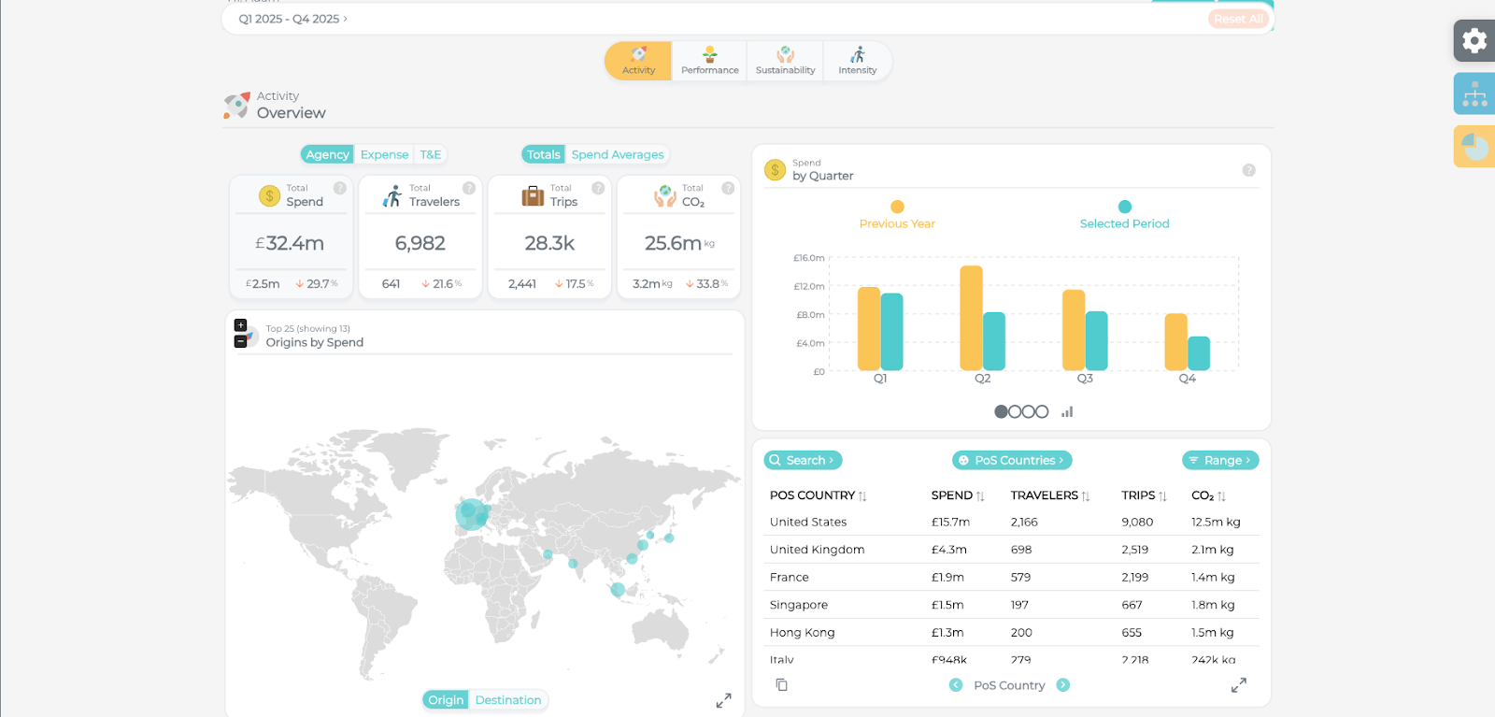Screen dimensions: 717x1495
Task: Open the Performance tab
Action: tap(709, 61)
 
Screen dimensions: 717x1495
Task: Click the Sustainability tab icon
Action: tap(785, 54)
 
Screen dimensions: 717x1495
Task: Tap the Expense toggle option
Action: tap(384, 155)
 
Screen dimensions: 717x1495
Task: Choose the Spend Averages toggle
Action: tap(617, 155)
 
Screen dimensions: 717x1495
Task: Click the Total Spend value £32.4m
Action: tap(290, 244)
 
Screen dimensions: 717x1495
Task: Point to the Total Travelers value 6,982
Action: tap(420, 244)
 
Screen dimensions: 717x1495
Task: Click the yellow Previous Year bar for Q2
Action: tap(971, 318)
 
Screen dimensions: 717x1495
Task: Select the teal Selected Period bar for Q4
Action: tap(1199, 353)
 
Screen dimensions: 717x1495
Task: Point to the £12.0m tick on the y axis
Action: tap(809, 287)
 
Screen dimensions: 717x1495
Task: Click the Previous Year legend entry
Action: tap(897, 216)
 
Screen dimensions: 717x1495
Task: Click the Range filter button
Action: tap(1220, 461)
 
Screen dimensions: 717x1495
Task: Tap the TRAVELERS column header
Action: tap(1045, 495)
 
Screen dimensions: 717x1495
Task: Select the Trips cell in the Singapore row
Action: tap(1132, 605)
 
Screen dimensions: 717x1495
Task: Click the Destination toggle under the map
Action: tap(507, 700)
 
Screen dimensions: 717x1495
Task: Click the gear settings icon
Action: tap(1474, 41)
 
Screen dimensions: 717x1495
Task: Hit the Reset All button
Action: tap(1238, 19)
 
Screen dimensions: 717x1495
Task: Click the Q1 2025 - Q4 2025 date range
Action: tap(292, 19)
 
